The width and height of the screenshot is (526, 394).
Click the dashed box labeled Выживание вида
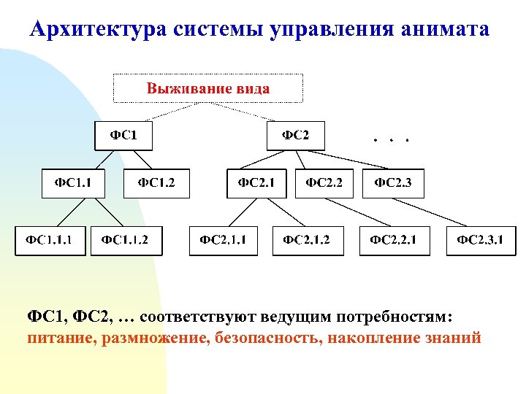click(x=207, y=89)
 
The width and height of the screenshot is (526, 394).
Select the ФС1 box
click(x=123, y=136)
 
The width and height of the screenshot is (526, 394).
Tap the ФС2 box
click(x=296, y=136)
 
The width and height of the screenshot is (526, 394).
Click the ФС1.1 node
click(x=72, y=183)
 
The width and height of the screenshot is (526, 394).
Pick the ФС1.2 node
click(x=156, y=183)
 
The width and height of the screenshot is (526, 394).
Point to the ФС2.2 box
click(x=324, y=183)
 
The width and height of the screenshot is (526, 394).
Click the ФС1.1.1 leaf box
click(x=50, y=240)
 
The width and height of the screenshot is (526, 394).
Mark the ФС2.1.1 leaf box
click(x=224, y=240)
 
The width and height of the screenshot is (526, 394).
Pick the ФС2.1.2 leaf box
click(x=307, y=240)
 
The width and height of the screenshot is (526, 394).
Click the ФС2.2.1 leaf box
click(x=394, y=240)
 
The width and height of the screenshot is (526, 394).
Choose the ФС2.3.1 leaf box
click(x=481, y=240)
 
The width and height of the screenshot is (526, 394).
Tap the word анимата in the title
click(x=445, y=30)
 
